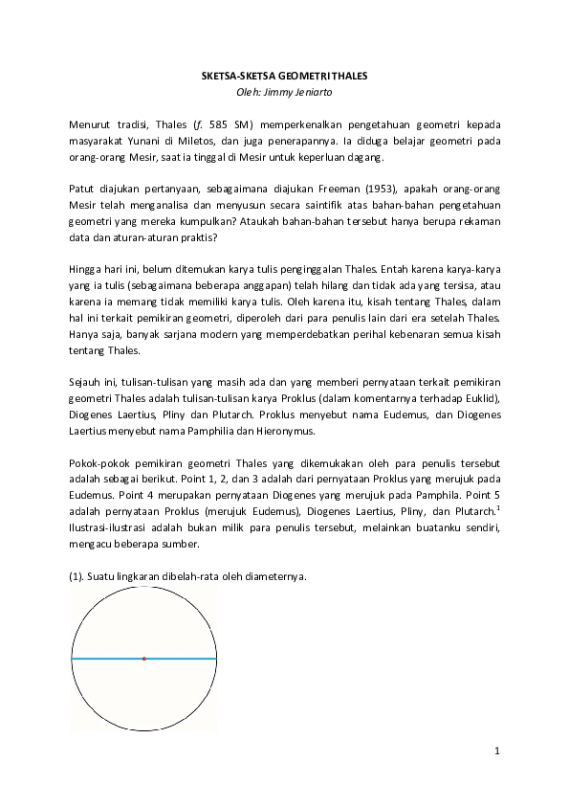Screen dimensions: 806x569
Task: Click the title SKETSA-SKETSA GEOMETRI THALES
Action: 284,75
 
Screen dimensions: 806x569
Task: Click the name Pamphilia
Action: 191,432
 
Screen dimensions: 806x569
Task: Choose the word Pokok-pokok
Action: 99,464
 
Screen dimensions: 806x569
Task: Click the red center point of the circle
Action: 143,659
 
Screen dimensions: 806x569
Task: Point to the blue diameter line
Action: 182,659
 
